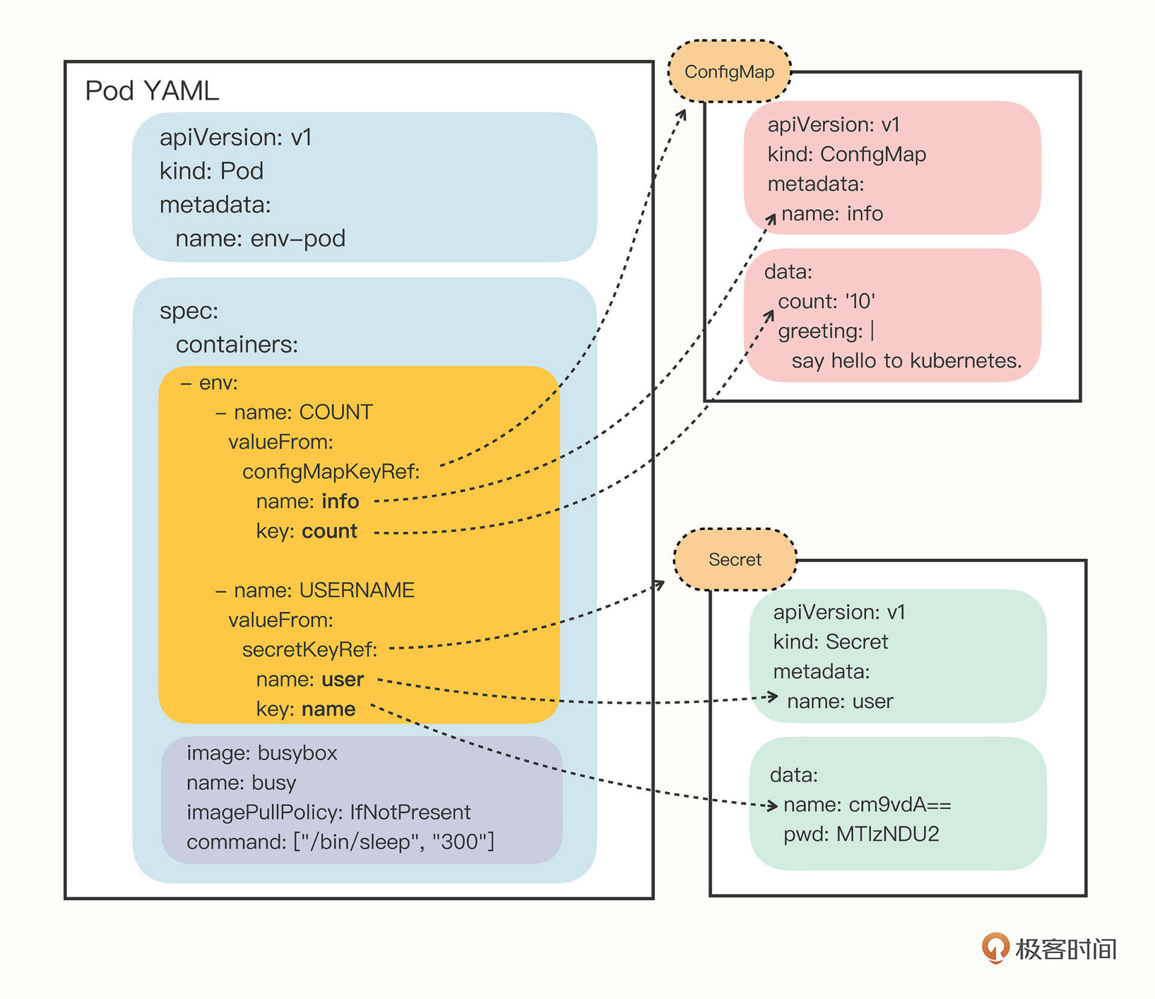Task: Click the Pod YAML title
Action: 152,91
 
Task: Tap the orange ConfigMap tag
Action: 729,72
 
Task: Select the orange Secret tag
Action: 735,560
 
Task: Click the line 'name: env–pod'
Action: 260,239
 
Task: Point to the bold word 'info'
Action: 340,502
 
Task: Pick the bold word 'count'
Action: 330,531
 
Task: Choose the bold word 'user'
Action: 343,680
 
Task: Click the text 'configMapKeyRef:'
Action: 331,472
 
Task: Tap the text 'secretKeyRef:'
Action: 310,650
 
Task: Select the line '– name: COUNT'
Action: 294,413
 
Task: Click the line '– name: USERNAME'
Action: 315,590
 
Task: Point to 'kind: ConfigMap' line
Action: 846,155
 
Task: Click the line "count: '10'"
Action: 826,301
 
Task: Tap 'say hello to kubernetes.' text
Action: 907,361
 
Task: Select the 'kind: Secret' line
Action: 830,642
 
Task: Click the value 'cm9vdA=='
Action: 900,805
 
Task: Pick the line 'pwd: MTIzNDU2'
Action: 861,834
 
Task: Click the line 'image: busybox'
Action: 262,753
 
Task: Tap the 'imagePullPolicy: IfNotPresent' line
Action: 328,813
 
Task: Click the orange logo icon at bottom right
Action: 995,948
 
